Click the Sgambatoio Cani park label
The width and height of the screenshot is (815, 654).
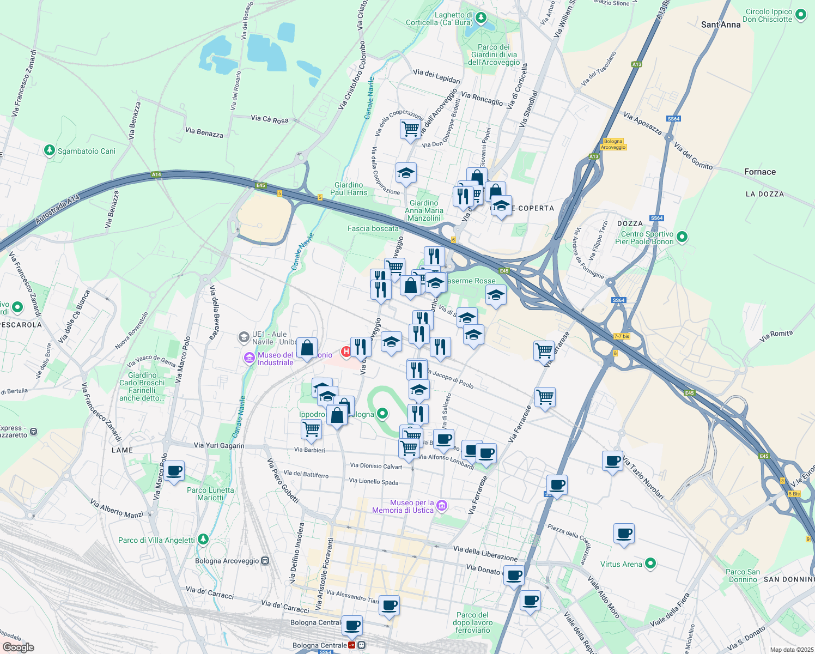86,151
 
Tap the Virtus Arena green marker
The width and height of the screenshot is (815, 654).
650,564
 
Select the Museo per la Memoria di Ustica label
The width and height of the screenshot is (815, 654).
403,507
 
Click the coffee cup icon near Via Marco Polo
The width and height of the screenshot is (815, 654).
174,471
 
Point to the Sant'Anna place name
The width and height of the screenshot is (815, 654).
721,25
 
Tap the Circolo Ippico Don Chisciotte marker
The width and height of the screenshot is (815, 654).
801,15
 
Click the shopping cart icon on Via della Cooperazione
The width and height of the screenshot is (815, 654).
410,129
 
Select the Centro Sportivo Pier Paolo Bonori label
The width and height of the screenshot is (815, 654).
647,238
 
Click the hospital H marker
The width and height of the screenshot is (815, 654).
346,352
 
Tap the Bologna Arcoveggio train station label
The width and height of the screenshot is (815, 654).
227,561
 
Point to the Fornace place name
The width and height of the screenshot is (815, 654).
759,172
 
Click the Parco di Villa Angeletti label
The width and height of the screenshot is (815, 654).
156,540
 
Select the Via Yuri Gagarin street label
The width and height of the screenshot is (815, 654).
219,445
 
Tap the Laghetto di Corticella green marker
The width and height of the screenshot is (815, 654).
481,18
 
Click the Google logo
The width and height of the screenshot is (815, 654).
18,647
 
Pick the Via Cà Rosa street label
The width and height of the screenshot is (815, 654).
269,119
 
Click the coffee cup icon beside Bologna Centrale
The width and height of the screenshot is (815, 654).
352,625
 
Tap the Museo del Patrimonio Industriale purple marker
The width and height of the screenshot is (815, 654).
249,358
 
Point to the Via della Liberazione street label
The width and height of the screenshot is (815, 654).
485,553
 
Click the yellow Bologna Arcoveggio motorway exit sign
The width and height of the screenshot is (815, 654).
613,144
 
